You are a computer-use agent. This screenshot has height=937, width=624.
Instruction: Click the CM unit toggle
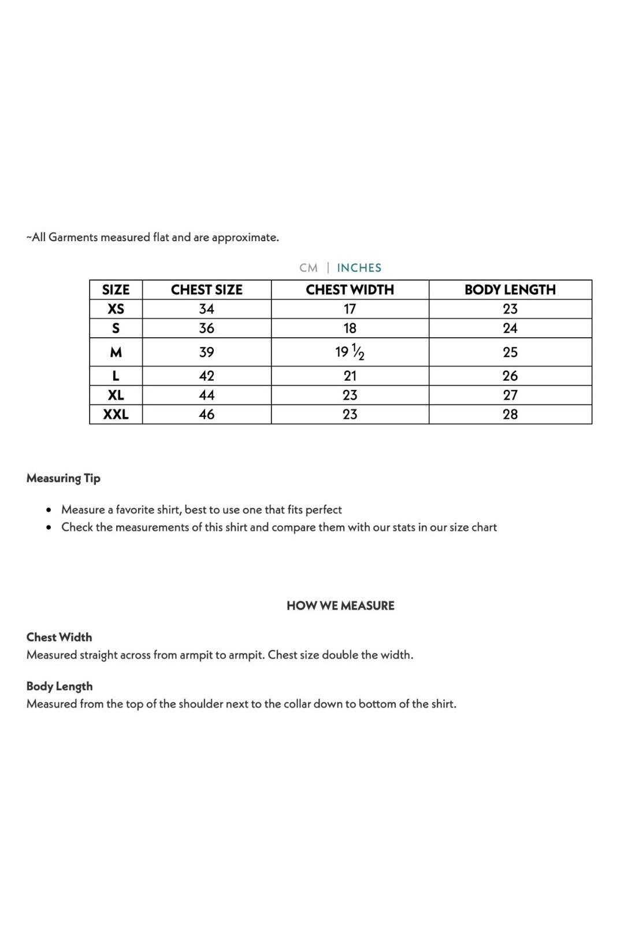pos(309,268)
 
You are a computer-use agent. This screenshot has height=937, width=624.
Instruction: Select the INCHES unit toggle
pos(359,268)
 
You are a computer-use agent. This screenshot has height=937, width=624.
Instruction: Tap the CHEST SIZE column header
pos(206,290)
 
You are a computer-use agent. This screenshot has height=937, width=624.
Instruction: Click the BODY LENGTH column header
pos(510,290)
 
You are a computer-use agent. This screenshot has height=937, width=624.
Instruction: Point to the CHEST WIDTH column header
pos(350,290)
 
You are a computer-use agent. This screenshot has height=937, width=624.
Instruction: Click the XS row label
pos(116,309)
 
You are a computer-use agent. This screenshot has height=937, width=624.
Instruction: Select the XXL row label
pos(116,414)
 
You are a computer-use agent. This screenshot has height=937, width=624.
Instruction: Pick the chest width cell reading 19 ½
pos(350,352)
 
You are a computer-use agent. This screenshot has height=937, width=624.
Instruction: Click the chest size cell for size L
pos(206,376)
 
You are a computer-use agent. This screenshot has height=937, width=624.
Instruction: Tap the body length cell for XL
pos(510,395)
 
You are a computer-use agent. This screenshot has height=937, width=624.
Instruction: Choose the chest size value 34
pos(206,309)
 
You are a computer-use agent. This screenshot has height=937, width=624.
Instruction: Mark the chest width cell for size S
pos(350,329)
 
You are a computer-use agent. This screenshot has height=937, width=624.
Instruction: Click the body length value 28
pos(510,414)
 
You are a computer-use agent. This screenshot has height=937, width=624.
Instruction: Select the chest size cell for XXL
pos(206,414)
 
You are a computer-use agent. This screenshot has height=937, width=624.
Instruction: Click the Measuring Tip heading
pos(64,478)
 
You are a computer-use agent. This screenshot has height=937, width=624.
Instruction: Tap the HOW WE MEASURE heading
pos(340,606)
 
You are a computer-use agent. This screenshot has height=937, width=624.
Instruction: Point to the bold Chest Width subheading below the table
pos(59,637)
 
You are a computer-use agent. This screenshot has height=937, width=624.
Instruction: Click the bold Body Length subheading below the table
pos(60,686)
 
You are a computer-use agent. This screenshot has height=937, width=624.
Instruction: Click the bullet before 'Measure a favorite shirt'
pos(49,510)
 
